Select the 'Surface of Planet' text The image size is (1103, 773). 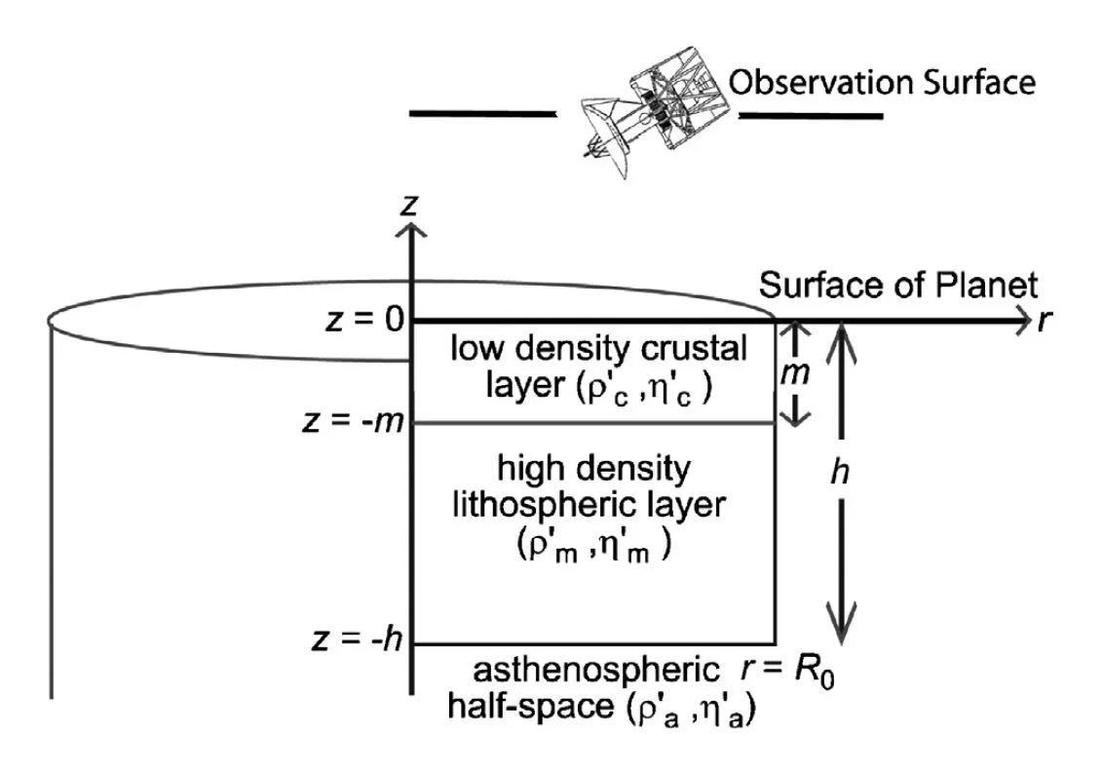tap(898, 286)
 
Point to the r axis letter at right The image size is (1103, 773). tap(1044, 321)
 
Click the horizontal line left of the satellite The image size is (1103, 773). tap(481, 114)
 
